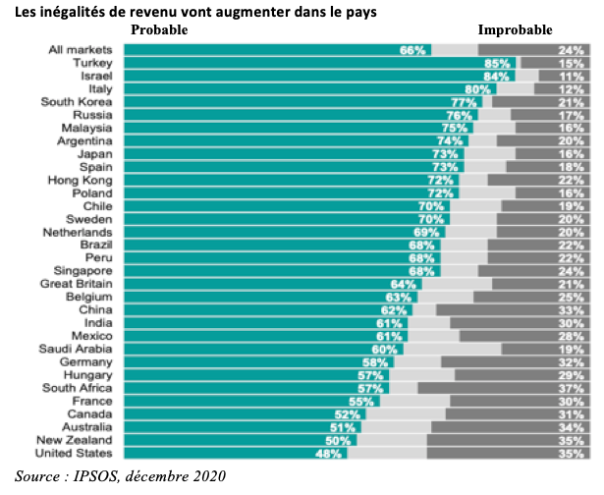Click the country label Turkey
click(x=93, y=62)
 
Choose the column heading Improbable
click(x=515, y=30)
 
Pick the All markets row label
click(x=81, y=49)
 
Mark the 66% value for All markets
click(x=412, y=49)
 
